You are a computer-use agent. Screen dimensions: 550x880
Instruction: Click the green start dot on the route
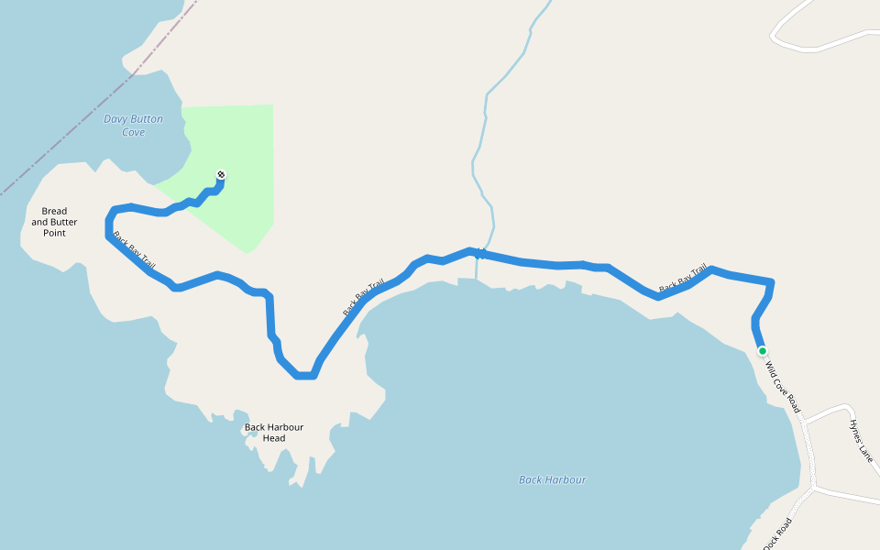[x=762, y=350]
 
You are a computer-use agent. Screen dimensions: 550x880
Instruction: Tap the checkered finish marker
[x=221, y=174]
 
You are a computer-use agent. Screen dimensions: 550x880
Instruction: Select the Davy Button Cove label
[x=133, y=126]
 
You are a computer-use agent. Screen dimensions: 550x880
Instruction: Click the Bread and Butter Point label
[x=54, y=222]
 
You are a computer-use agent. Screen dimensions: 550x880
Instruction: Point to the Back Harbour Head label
[x=273, y=433]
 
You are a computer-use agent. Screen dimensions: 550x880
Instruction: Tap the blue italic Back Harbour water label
[x=552, y=479]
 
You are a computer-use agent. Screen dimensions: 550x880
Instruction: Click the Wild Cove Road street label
[x=783, y=389]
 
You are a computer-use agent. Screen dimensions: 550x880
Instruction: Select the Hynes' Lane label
[x=862, y=439]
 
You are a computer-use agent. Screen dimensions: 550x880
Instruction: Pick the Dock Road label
[x=776, y=533]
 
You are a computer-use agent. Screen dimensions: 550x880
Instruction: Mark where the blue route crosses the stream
[x=478, y=253]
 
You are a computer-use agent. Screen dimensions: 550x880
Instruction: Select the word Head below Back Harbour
[x=273, y=438]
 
